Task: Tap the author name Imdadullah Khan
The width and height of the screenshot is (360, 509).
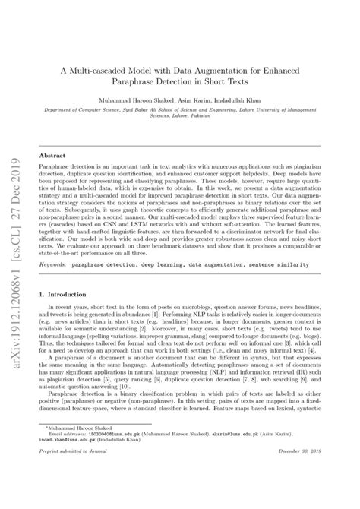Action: click(x=250, y=99)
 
